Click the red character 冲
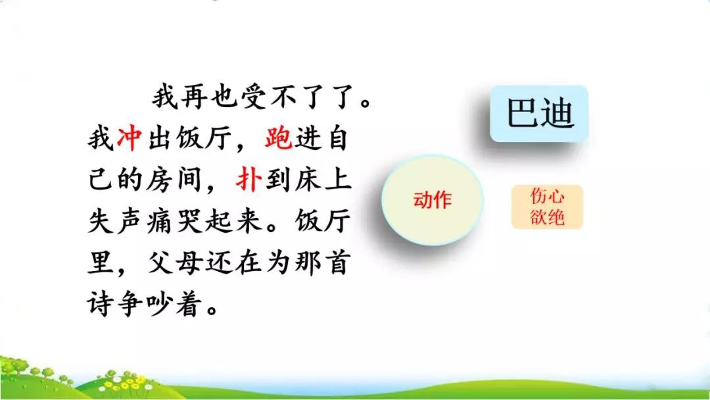point(130,137)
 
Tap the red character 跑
point(278,137)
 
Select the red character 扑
point(248,180)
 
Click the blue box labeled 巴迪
point(539,113)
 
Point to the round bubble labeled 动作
point(433,200)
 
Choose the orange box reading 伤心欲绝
point(547,207)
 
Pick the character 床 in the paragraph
point(308,180)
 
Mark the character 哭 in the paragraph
point(189,221)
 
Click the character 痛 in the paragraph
point(159,221)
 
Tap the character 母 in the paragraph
point(189,262)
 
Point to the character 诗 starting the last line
point(100,303)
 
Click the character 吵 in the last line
point(159,303)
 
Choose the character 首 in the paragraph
point(338,262)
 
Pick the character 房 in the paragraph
point(159,180)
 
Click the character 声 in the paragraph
point(130,221)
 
